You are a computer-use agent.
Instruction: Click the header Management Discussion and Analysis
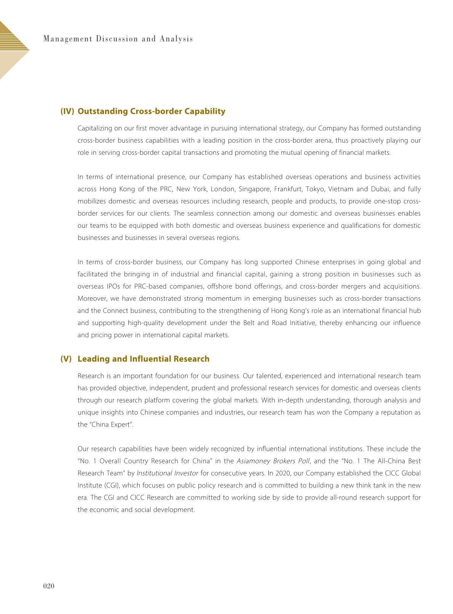[x=118, y=39]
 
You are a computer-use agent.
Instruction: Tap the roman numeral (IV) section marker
[x=67, y=111]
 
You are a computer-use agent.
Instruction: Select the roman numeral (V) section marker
[x=66, y=359]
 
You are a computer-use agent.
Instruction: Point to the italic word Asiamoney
[x=254, y=461]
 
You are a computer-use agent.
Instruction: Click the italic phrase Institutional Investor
[x=167, y=473]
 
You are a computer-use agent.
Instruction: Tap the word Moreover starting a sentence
[x=92, y=298]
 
